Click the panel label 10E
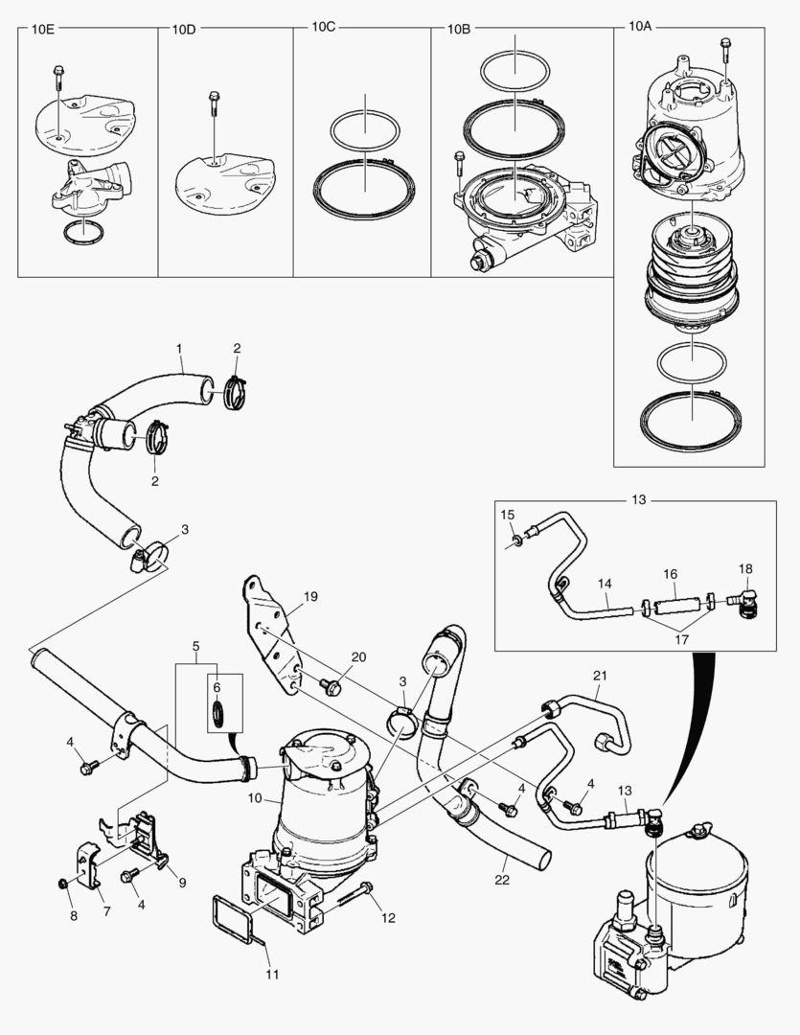[x=43, y=30]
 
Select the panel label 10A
[x=640, y=29]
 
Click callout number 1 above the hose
[x=178, y=346]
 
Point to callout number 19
[x=309, y=596]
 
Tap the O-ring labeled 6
[x=218, y=713]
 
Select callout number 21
[x=601, y=677]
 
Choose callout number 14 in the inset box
[x=605, y=582]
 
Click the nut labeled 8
[x=63, y=882]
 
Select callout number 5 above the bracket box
[x=196, y=645]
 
